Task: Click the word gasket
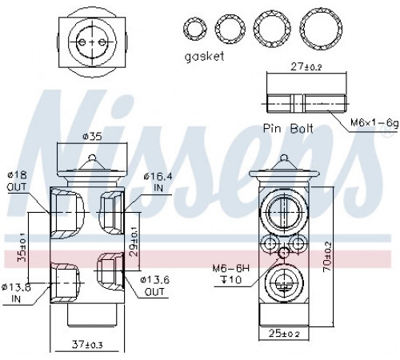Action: coord(204,57)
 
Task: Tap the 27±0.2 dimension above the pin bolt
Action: coord(306,66)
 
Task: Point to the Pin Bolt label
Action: coord(288,129)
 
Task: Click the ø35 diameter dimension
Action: coord(92,137)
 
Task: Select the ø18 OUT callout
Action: coord(18,181)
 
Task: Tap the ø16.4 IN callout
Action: coord(158,182)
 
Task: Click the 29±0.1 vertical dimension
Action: coord(134,242)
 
